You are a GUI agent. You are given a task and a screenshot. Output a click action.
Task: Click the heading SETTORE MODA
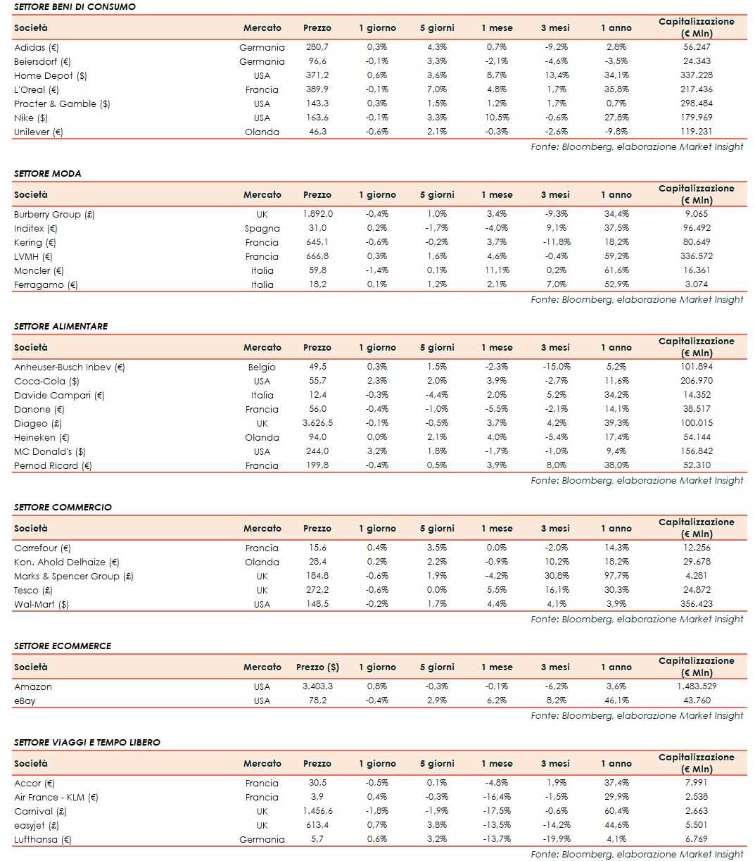(x=47, y=173)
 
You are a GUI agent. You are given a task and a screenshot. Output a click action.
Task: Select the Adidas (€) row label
(x=36, y=47)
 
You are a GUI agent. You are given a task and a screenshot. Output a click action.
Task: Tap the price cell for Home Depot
(x=317, y=75)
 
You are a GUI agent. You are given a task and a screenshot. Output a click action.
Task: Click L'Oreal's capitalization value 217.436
(x=696, y=89)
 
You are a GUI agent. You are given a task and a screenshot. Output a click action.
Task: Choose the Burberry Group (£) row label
(x=54, y=214)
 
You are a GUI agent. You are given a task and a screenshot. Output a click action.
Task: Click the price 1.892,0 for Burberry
(x=317, y=214)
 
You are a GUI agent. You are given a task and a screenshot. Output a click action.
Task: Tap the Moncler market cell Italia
(x=262, y=270)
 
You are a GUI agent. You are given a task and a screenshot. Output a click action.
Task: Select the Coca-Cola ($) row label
(x=46, y=381)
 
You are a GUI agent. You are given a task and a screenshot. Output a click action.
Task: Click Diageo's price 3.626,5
(x=317, y=423)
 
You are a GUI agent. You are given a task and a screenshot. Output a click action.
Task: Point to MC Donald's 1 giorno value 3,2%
(x=377, y=451)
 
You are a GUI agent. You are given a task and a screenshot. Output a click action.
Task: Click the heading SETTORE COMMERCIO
(x=63, y=507)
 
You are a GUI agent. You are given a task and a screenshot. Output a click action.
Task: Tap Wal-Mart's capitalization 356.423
(x=696, y=604)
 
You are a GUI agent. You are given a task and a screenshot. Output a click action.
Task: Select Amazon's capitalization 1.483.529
(x=696, y=686)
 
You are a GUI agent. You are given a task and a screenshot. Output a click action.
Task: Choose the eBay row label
(x=25, y=700)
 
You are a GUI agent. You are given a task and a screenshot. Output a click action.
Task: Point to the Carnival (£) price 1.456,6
(x=317, y=811)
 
